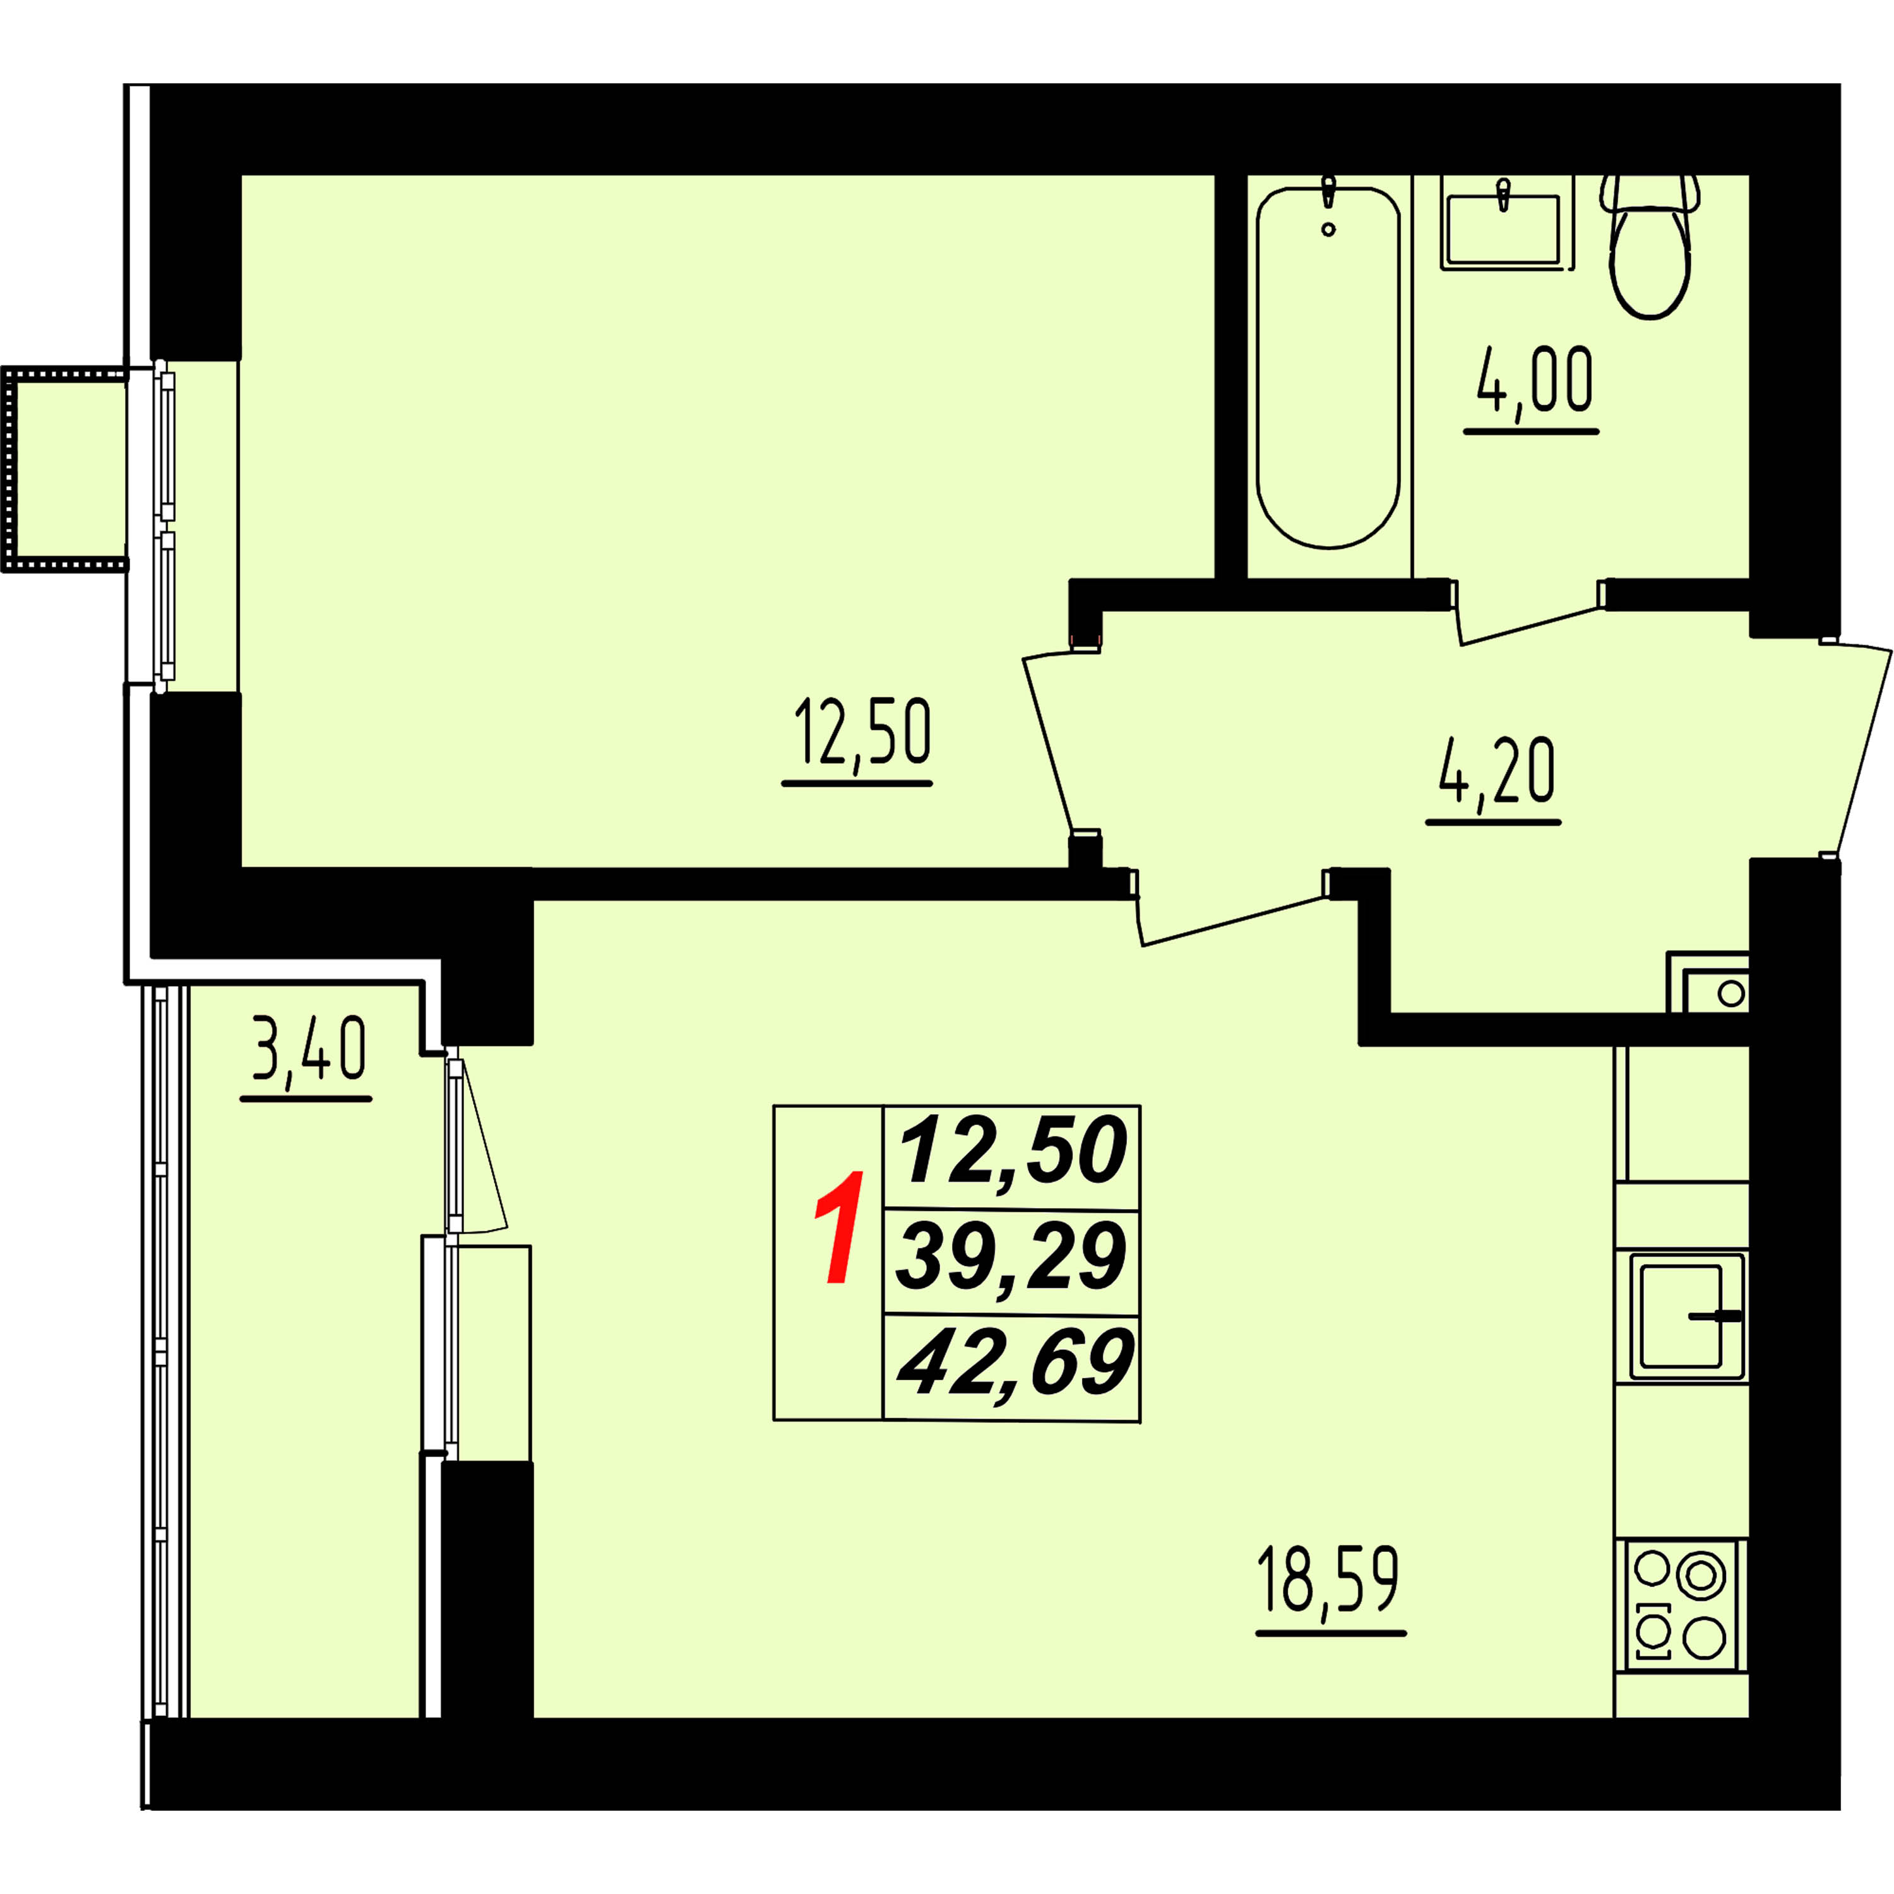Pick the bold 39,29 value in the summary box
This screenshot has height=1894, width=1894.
[x=1011, y=1258]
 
